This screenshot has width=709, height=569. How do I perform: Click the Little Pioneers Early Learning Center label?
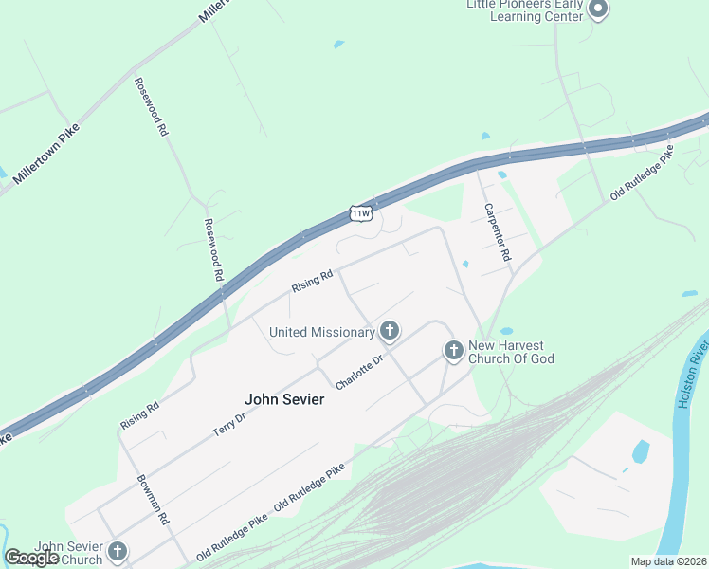tap(522, 10)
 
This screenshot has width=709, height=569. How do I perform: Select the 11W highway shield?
tap(360, 212)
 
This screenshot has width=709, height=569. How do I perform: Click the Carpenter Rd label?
tap(498, 232)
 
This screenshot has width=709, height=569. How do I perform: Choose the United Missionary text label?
tap(322, 332)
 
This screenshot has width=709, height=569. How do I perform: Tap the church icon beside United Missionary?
tap(389, 331)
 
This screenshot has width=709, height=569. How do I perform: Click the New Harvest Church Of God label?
tap(512, 352)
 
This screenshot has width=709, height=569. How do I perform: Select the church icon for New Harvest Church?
tap(454, 352)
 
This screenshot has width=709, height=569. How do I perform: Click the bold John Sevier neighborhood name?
tap(284, 399)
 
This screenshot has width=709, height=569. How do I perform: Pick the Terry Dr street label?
tap(229, 415)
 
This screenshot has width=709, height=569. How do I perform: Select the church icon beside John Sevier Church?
tap(118, 551)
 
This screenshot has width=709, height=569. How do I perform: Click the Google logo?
tap(31, 558)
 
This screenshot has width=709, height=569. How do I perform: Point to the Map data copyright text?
tap(669, 561)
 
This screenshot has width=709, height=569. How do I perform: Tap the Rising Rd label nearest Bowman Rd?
tap(140, 413)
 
